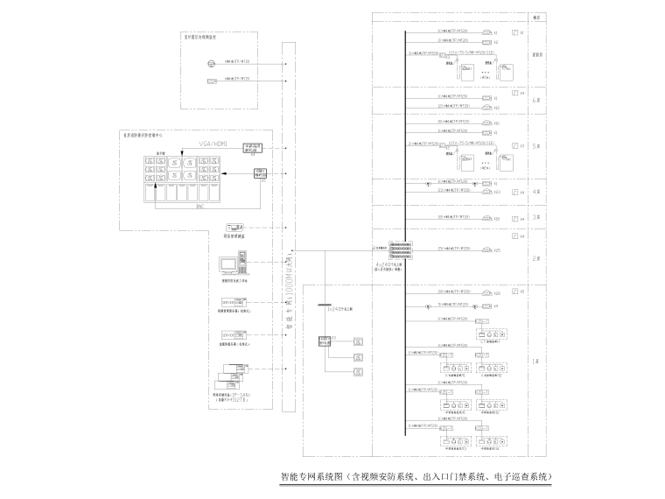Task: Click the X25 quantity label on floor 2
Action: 496,251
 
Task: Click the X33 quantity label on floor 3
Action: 496,219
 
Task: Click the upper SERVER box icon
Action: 230,302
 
